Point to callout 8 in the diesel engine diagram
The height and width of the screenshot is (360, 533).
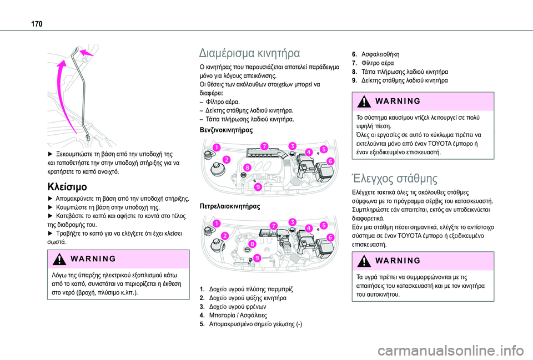click(x=252, y=244)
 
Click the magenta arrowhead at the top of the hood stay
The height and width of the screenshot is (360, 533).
click(x=84, y=52)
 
